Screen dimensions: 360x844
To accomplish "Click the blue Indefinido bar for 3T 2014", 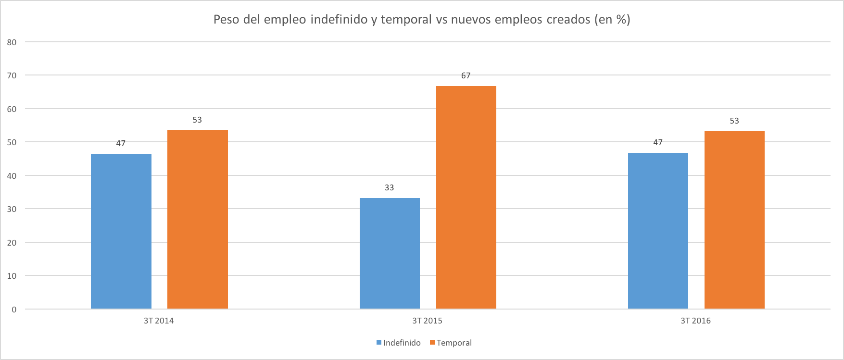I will [x=121, y=231].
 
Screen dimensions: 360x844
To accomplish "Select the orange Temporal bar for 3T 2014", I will [x=198, y=219].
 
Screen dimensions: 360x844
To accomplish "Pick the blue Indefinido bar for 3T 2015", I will [x=390, y=253].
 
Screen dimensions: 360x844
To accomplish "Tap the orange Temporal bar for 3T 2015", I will [x=466, y=197].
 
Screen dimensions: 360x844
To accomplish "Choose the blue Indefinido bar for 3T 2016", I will [x=658, y=231].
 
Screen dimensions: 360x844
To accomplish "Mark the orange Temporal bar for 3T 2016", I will [x=734, y=220].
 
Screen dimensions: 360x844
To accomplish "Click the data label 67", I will [x=466, y=75].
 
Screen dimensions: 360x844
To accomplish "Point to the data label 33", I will [x=390, y=187].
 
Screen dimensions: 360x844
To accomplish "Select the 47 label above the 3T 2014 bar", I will [x=121, y=143].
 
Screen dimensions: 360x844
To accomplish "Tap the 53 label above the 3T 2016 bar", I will [x=734, y=121].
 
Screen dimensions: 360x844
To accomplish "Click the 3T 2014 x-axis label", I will [x=159, y=321].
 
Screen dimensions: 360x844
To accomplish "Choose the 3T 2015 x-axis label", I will [x=427, y=321].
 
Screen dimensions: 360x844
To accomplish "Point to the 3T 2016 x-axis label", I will [x=695, y=321].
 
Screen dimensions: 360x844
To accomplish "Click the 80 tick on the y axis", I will [x=12, y=42].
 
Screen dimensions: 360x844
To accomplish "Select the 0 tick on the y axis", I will [x=14, y=310].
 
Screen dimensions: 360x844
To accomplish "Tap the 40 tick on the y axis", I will [x=12, y=176].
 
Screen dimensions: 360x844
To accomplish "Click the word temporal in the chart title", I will [x=406, y=19].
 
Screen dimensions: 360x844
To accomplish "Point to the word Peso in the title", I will [x=227, y=19].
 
